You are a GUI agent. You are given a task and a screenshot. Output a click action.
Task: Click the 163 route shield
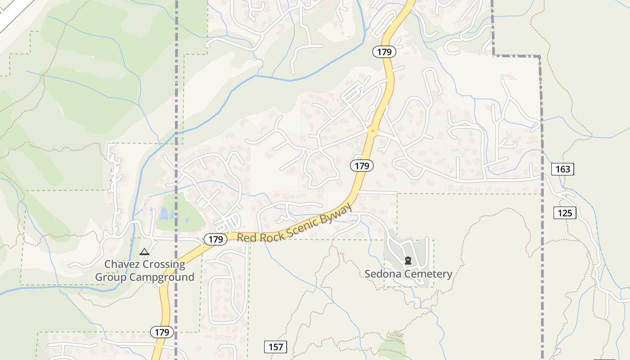coord(562,169)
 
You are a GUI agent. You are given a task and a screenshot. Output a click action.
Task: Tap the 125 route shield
coord(565,212)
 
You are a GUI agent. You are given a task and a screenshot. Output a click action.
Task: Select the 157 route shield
coord(275,346)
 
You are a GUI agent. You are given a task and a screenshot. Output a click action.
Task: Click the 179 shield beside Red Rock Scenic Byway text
coord(216,239)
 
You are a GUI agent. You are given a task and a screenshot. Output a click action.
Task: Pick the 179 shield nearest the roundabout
coord(362,166)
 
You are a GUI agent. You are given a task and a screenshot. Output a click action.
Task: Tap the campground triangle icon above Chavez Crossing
coord(144,252)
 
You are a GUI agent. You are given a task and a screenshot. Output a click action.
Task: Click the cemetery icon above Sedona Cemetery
coord(408,260)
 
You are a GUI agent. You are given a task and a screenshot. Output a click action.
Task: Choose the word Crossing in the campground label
coord(163,264)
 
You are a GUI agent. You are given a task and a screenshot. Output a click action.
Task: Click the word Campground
coord(162,277)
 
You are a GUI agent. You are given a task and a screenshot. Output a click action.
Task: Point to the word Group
coord(111,277)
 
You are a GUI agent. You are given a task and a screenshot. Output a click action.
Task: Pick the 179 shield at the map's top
coord(384,52)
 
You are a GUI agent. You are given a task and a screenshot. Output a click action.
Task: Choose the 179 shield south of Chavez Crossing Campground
coord(162,332)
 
